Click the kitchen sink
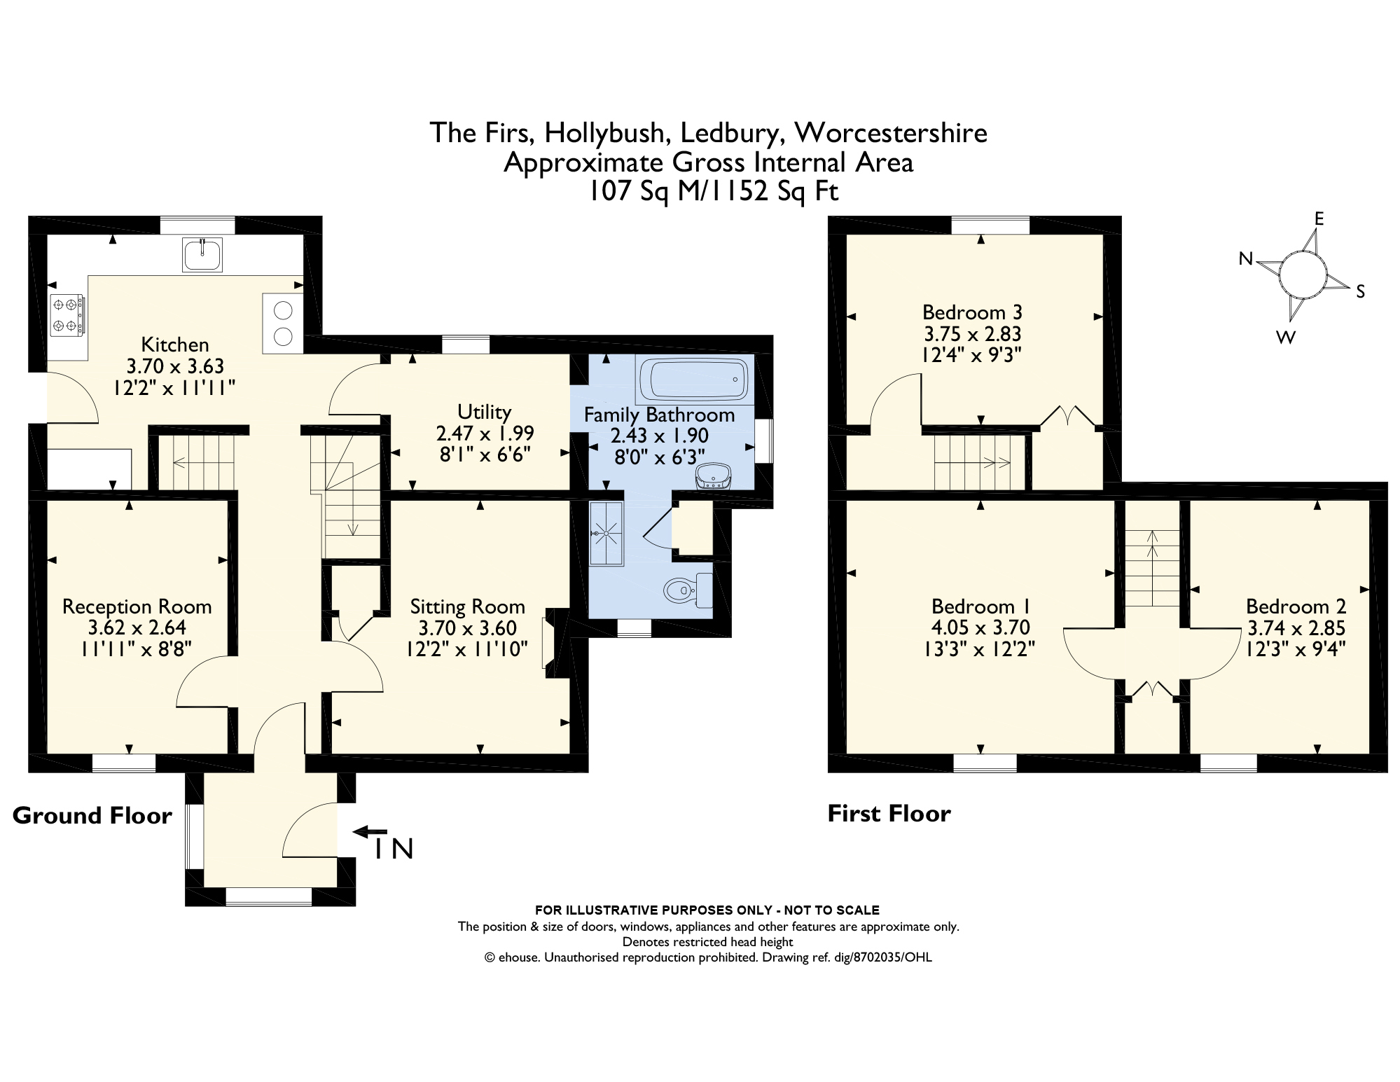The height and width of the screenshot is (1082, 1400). click(x=202, y=254)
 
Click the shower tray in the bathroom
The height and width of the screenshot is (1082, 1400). click(x=606, y=533)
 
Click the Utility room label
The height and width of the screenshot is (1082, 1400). click(x=484, y=411)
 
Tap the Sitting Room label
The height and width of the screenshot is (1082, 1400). click(x=467, y=606)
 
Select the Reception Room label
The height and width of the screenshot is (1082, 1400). click(x=137, y=606)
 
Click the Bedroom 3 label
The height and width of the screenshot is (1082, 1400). click(x=972, y=312)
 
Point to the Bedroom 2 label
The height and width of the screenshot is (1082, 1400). click(x=1296, y=606)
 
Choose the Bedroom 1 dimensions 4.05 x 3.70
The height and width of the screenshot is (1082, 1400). click(x=980, y=627)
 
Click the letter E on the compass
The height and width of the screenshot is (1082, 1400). click(x=1319, y=219)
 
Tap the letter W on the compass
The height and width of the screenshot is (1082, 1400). click(x=1286, y=338)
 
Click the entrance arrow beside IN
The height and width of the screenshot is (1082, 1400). click(x=369, y=832)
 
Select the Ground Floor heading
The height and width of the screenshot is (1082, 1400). click(x=92, y=816)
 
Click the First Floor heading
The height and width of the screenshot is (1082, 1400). click(x=889, y=814)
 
